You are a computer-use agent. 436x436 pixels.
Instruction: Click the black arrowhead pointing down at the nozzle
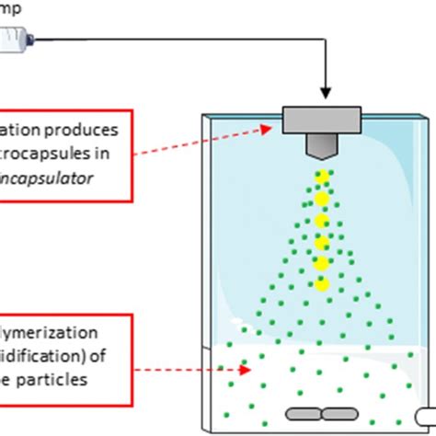pos(325,93)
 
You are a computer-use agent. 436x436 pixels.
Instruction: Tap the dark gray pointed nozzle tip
pos(323,148)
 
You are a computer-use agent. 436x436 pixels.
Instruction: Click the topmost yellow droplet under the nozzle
pos(322,176)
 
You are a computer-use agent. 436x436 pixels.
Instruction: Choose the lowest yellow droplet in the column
pos(322,283)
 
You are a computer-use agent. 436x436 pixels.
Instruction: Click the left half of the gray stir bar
pos(303,415)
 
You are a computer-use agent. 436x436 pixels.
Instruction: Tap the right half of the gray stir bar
pos(338,415)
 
